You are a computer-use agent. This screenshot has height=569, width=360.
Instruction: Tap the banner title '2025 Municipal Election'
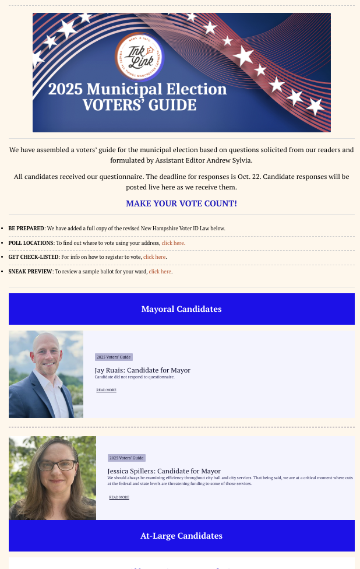click(x=137, y=89)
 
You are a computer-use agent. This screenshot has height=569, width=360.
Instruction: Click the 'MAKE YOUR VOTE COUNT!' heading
click(x=181, y=203)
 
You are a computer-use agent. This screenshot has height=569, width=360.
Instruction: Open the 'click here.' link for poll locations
click(x=173, y=243)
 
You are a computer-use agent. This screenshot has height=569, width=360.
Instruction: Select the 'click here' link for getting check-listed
click(x=155, y=257)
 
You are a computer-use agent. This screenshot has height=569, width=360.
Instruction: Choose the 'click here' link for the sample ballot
click(x=160, y=271)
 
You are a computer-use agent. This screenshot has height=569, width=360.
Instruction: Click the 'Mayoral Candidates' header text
click(x=181, y=309)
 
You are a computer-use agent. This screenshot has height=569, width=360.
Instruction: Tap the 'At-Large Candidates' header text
click(x=181, y=536)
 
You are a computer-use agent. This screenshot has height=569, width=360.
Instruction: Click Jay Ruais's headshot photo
click(x=46, y=374)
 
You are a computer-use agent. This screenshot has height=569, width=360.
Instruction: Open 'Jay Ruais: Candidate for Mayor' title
click(x=142, y=370)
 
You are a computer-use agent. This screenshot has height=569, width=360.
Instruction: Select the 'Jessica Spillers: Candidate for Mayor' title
click(x=164, y=471)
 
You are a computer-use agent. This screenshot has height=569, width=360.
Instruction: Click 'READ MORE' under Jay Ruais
click(x=106, y=390)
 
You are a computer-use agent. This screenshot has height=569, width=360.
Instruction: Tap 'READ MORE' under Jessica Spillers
click(x=119, y=497)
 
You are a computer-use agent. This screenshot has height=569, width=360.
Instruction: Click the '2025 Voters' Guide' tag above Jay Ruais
click(x=114, y=357)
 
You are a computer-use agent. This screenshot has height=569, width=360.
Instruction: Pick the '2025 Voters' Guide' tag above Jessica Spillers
click(x=126, y=458)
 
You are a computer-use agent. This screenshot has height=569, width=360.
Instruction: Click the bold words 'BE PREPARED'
click(x=26, y=228)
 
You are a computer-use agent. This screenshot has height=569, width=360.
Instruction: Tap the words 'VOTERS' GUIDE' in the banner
click(x=139, y=106)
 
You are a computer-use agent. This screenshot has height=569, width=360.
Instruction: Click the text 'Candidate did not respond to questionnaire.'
click(x=134, y=377)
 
